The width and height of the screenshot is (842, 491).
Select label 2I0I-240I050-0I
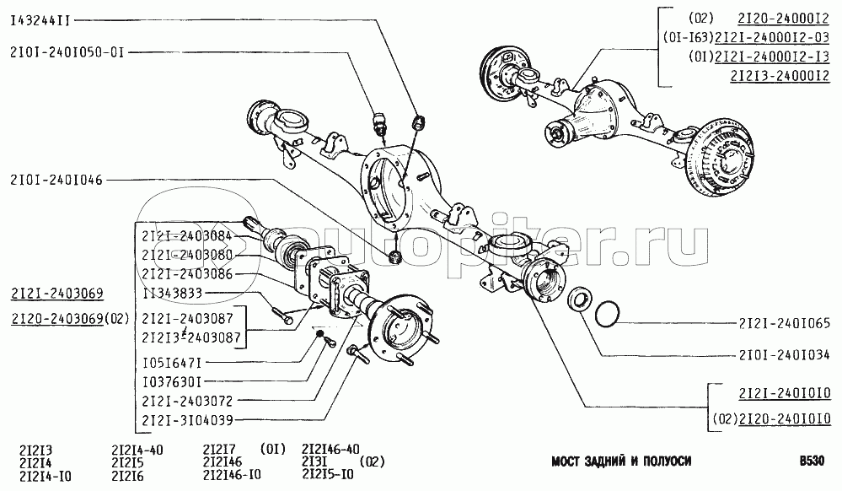pos(67,51)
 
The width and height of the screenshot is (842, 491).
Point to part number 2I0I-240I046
pos(56,180)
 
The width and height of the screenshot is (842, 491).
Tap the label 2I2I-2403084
pos(187,236)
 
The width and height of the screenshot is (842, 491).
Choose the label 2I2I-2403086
pos(187,273)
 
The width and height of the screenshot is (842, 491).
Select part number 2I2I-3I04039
pos(187,418)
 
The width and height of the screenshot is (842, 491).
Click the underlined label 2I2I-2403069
pos(57,294)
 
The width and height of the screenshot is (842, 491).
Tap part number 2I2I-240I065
pos(785,324)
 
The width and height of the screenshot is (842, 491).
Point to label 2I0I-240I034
pos(785,355)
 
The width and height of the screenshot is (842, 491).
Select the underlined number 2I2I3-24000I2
pos(780,75)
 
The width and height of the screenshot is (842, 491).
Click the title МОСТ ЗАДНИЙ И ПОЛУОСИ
pos(621,461)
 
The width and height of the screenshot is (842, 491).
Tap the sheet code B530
pos(814,461)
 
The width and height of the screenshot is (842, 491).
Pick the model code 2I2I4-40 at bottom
pos(139,448)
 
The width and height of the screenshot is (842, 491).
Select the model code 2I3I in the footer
pos(314,461)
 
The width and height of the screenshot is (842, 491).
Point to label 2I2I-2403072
pos(187,400)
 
